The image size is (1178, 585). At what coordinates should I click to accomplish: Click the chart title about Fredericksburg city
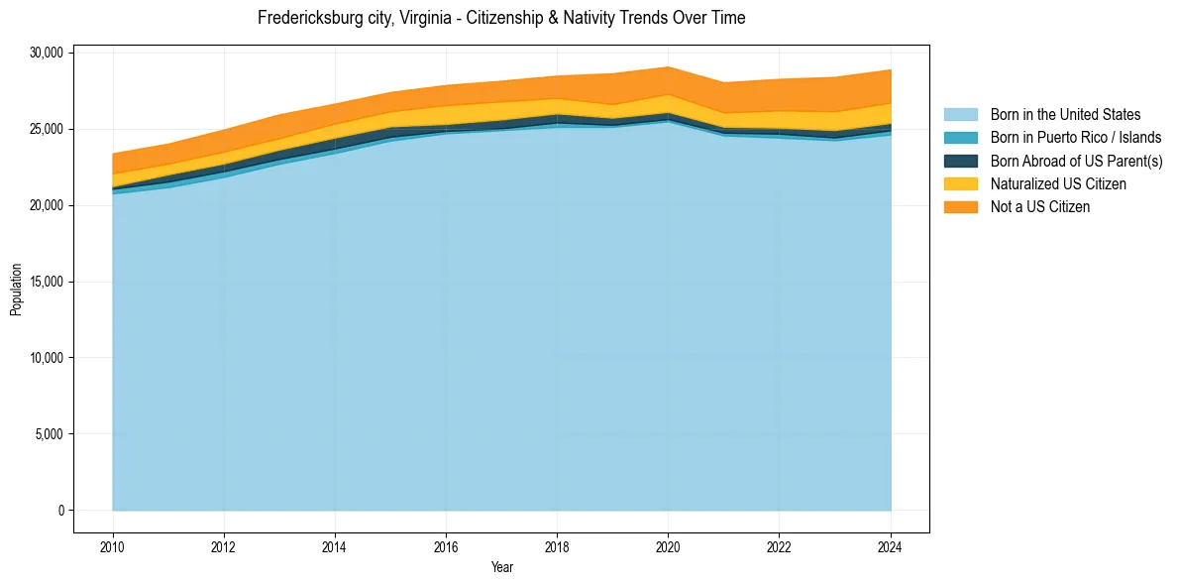[x=501, y=18]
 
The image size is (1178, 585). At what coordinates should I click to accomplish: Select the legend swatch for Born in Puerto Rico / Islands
[x=960, y=138]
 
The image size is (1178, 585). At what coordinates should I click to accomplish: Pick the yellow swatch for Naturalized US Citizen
[x=960, y=184]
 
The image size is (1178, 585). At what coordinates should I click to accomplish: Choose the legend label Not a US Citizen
[x=1040, y=207]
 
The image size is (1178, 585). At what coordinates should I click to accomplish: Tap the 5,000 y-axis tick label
[x=49, y=434]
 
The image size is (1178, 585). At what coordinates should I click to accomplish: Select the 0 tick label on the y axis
[x=60, y=511]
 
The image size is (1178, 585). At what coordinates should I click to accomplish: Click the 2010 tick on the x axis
[x=113, y=545]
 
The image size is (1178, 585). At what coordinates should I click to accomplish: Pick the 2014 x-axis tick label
[x=335, y=545]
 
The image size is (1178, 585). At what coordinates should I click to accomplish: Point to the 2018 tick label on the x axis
[x=558, y=545]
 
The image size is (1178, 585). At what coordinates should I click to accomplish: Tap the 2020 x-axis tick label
[x=669, y=545]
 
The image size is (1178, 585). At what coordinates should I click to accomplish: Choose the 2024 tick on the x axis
[x=891, y=545]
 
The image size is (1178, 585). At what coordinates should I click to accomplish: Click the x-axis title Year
[x=501, y=567]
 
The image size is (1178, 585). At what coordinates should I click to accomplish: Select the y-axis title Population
[x=17, y=290]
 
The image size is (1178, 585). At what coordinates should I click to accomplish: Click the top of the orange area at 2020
[x=669, y=66]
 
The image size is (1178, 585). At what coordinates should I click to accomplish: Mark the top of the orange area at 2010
[x=113, y=154]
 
